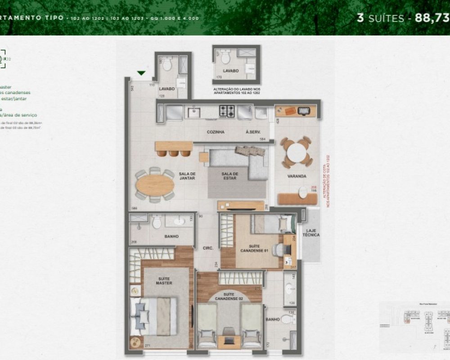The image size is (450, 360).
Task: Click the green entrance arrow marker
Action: click(141, 73)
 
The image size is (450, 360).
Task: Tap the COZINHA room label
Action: click(216, 132)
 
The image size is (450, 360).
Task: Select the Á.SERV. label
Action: click(252, 132)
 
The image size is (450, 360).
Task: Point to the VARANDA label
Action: click(297, 176)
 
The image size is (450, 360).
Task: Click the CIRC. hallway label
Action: click(207, 247)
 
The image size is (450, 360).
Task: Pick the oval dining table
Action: click(155, 184)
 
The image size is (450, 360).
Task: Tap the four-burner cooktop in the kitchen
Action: click(227, 110)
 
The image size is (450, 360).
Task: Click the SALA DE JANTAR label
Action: click(186, 176)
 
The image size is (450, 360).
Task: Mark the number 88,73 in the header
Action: click(433, 18)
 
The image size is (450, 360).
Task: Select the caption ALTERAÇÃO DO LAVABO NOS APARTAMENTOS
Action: click(236, 91)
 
